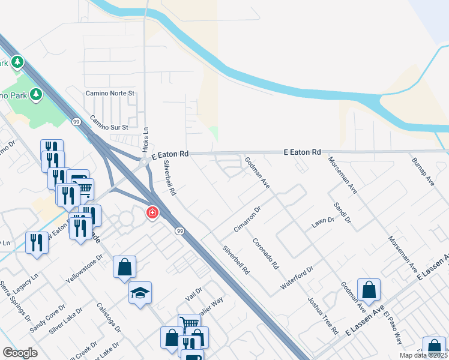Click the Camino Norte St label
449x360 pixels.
[x=110, y=94]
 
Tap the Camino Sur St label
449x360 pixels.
[x=109, y=122]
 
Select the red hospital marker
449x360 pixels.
[x=152, y=212]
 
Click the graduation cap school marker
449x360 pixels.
[x=140, y=293]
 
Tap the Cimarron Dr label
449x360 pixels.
[x=247, y=220]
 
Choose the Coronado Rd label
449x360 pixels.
[x=266, y=254]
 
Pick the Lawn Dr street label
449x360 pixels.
[x=322, y=222]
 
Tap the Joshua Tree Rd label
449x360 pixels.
[x=323, y=315]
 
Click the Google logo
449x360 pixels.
[x=20, y=353]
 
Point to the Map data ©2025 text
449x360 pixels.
[x=423, y=355]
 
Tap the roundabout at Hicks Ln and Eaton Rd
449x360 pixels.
[x=144, y=161]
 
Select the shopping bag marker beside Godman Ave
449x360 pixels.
[x=369, y=290]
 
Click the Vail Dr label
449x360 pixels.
[x=194, y=293]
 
